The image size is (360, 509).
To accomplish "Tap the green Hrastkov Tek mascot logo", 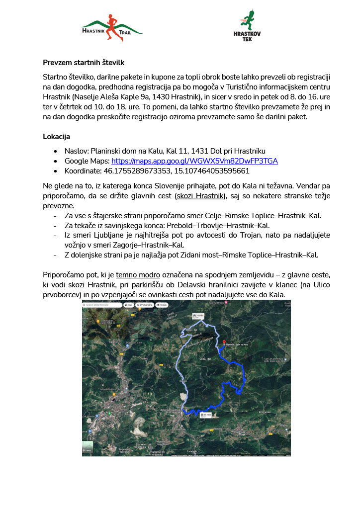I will coord(247,32).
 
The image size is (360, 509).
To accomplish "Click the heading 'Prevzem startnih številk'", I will coord(83,63).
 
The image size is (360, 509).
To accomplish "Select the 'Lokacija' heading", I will coord(56,136).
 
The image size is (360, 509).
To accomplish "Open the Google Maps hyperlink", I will coord(194,161).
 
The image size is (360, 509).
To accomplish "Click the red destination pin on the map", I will coord(223,342).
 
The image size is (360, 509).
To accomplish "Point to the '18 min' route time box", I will coord(198,316).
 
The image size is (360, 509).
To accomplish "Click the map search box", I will coord(101,304).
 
